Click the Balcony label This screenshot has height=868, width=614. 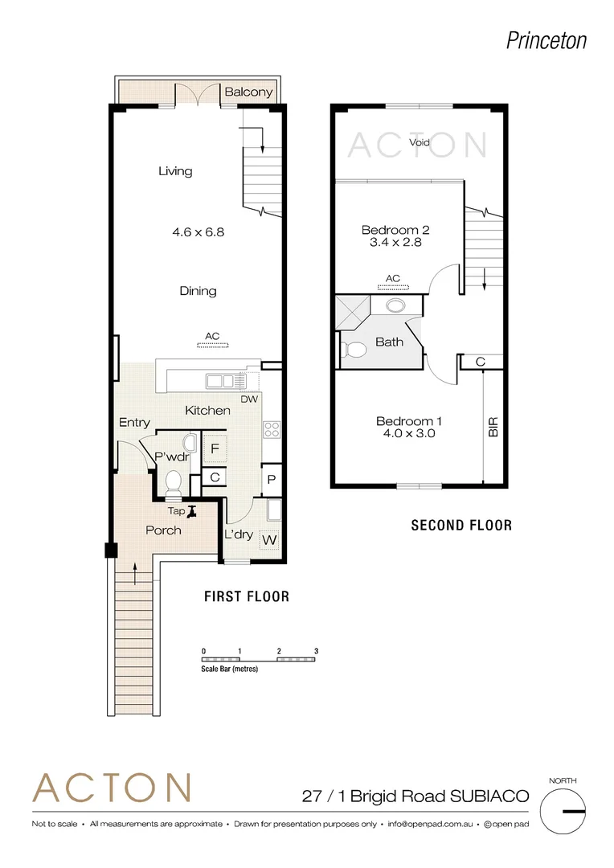point(248,92)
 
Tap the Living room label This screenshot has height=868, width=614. point(175,171)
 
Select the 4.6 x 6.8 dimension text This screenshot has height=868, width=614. point(198,232)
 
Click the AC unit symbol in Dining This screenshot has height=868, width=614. point(213,345)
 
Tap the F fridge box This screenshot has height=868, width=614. point(215,448)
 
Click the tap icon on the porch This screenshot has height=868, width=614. point(190,510)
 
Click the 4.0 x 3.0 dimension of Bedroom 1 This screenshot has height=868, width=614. point(409,434)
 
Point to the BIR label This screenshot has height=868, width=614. point(493,427)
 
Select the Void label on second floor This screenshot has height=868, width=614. point(420,142)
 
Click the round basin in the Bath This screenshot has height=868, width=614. point(395,305)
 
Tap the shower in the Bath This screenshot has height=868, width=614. point(350,310)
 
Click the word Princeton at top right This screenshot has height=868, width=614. point(546,40)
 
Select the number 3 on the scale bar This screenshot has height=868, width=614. point(317,651)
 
